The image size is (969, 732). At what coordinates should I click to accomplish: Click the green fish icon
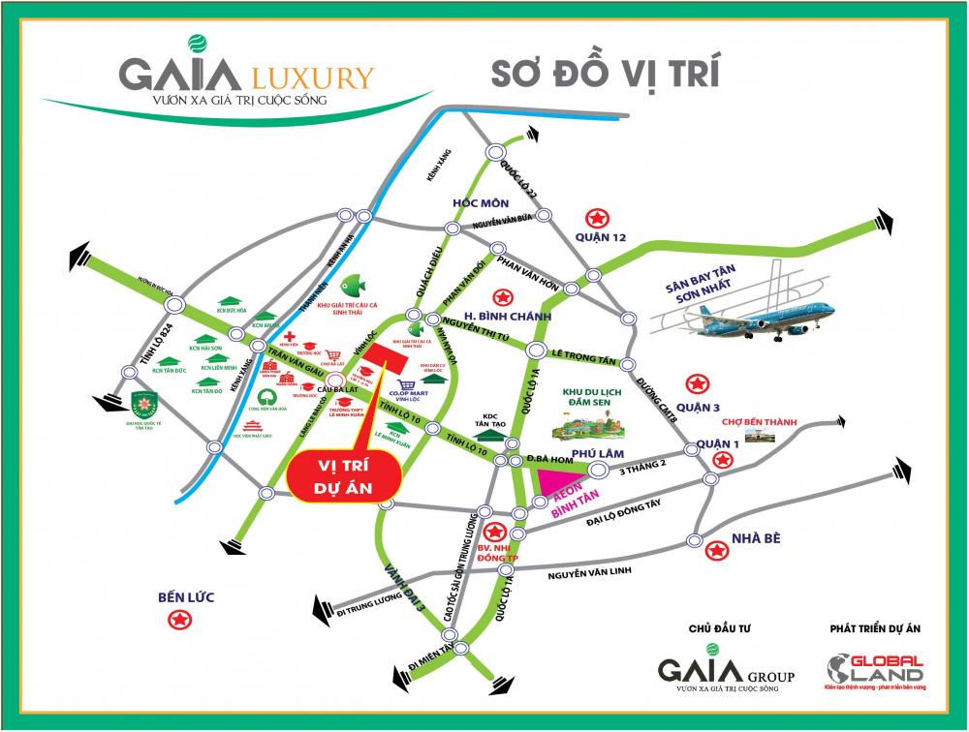pyautogui.click(x=353, y=283)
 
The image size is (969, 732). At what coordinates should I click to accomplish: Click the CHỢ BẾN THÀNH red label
pyautogui.click(x=757, y=422)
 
